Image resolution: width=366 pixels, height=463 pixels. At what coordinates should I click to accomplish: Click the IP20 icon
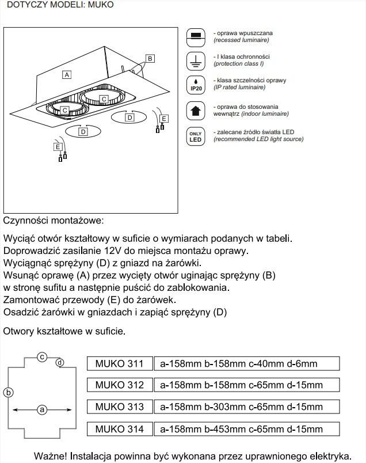(x=196, y=85)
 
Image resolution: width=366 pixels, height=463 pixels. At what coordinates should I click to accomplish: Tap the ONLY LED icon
(x=196, y=136)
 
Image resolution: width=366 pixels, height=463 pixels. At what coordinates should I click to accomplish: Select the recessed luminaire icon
(x=196, y=37)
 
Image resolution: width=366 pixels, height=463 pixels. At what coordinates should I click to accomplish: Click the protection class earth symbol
(x=196, y=60)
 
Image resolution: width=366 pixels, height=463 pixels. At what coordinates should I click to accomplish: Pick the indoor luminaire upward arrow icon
(x=196, y=110)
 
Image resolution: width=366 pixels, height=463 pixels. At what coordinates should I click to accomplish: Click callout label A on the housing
(x=67, y=75)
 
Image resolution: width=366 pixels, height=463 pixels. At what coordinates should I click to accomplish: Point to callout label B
(x=150, y=58)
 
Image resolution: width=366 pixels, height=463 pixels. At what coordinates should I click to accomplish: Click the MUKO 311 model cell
(x=120, y=363)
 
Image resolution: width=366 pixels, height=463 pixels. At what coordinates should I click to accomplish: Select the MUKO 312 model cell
(x=120, y=385)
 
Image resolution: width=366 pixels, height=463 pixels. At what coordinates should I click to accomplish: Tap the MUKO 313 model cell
(x=120, y=407)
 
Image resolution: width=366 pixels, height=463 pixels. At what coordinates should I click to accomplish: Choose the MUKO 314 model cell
(x=120, y=429)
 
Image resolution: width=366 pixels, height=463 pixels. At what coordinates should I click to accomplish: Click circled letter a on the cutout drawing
(x=41, y=410)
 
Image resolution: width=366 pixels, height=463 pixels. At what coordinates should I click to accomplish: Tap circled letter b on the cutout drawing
(x=8, y=393)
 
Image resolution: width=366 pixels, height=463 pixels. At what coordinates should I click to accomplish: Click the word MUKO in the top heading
(x=101, y=5)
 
